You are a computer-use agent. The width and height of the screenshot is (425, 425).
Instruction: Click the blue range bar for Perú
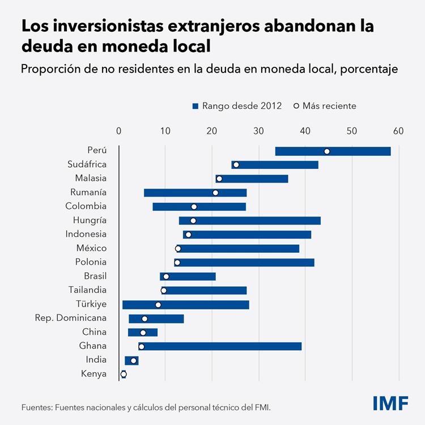pyautogui.click(x=333, y=151)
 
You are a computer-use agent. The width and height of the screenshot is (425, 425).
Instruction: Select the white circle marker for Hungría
pyautogui.click(x=193, y=220)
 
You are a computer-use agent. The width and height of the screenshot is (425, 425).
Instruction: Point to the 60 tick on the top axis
pyautogui.click(x=398, y=131)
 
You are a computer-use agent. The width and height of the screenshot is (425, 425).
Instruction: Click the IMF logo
pyautogui.click(x=390, y=403)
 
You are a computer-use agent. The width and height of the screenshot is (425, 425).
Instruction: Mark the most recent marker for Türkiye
pyautogui.click(x=158, y=305)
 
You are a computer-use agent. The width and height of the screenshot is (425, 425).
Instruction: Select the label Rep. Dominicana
pyautogui.click(x=71, y=318)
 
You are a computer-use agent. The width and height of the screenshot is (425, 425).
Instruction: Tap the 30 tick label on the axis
pyautogui.click(x=258, y=131)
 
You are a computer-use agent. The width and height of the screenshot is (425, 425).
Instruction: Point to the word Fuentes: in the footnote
pyautogui.click(x=38, y=407)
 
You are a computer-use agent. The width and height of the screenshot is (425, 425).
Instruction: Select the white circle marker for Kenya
pyautogui.click(x=124, y=374)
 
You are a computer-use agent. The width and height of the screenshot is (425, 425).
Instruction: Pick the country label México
pyautogui.click(x=91, y=248)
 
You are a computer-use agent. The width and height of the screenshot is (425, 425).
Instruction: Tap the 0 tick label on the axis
pyautogui.click(x=118, y=131)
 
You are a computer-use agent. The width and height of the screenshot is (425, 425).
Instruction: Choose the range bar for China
pyautogui.click(x=143, y=332)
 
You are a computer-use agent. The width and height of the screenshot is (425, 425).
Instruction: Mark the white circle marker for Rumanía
pyautogui.click(x=215, y=193)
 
